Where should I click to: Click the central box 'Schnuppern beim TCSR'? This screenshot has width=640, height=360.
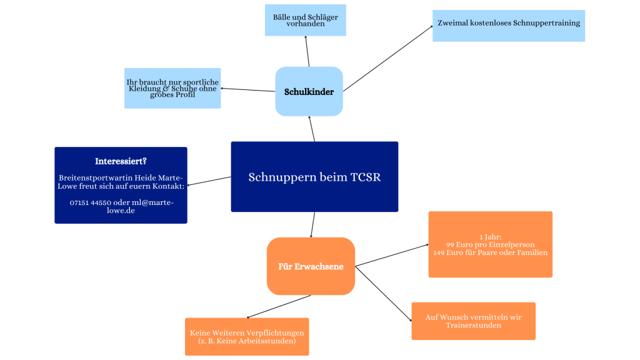pos(314,177)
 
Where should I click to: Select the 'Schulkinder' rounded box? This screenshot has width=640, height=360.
pos(309,92)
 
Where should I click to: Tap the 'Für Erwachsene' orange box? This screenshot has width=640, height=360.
pos(311,267)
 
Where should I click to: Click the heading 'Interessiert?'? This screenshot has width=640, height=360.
pos(121,161)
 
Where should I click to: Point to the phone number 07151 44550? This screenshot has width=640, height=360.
pos(91,202)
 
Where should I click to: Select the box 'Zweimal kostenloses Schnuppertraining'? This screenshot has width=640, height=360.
pos(508,24)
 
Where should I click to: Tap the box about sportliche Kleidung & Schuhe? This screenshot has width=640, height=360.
pos(172,88)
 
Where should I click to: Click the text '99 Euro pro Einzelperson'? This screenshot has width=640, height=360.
pos(490,244)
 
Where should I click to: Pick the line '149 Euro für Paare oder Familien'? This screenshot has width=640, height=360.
pos(490,252)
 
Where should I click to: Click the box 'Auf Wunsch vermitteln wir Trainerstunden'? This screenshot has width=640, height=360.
pos(473,321)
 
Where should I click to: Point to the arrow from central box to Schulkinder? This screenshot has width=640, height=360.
pos(312,129)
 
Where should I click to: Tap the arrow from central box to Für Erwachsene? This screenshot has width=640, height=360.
pos(312,225)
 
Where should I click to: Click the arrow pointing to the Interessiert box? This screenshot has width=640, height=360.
pos(209,181)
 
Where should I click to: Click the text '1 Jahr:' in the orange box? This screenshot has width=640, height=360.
pos(490,237)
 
